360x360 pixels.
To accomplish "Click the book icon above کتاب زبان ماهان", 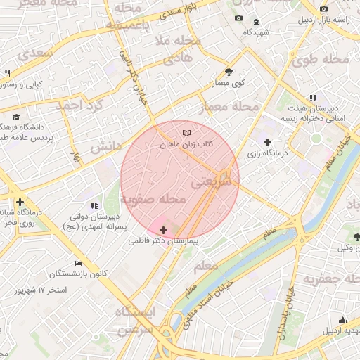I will click(x=186, y=132).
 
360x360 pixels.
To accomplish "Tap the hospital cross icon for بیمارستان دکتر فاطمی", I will click(x=164, y=230).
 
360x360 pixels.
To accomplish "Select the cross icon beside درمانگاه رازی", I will click(x=266, y=143).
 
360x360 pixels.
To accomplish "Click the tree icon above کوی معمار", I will click(x=229, y=72).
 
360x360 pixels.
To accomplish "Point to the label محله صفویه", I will click(x=153, y=200).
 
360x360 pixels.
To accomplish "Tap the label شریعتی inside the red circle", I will click(x=214, y=181).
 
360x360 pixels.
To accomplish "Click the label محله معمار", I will click(x=229, y=107).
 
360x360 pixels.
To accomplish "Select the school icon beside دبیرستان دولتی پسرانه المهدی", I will click(x=95, y=205).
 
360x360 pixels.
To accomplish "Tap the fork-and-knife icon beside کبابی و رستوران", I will click(x=7, y=73).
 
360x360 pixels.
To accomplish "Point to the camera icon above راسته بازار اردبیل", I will click(x=323, y=9).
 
